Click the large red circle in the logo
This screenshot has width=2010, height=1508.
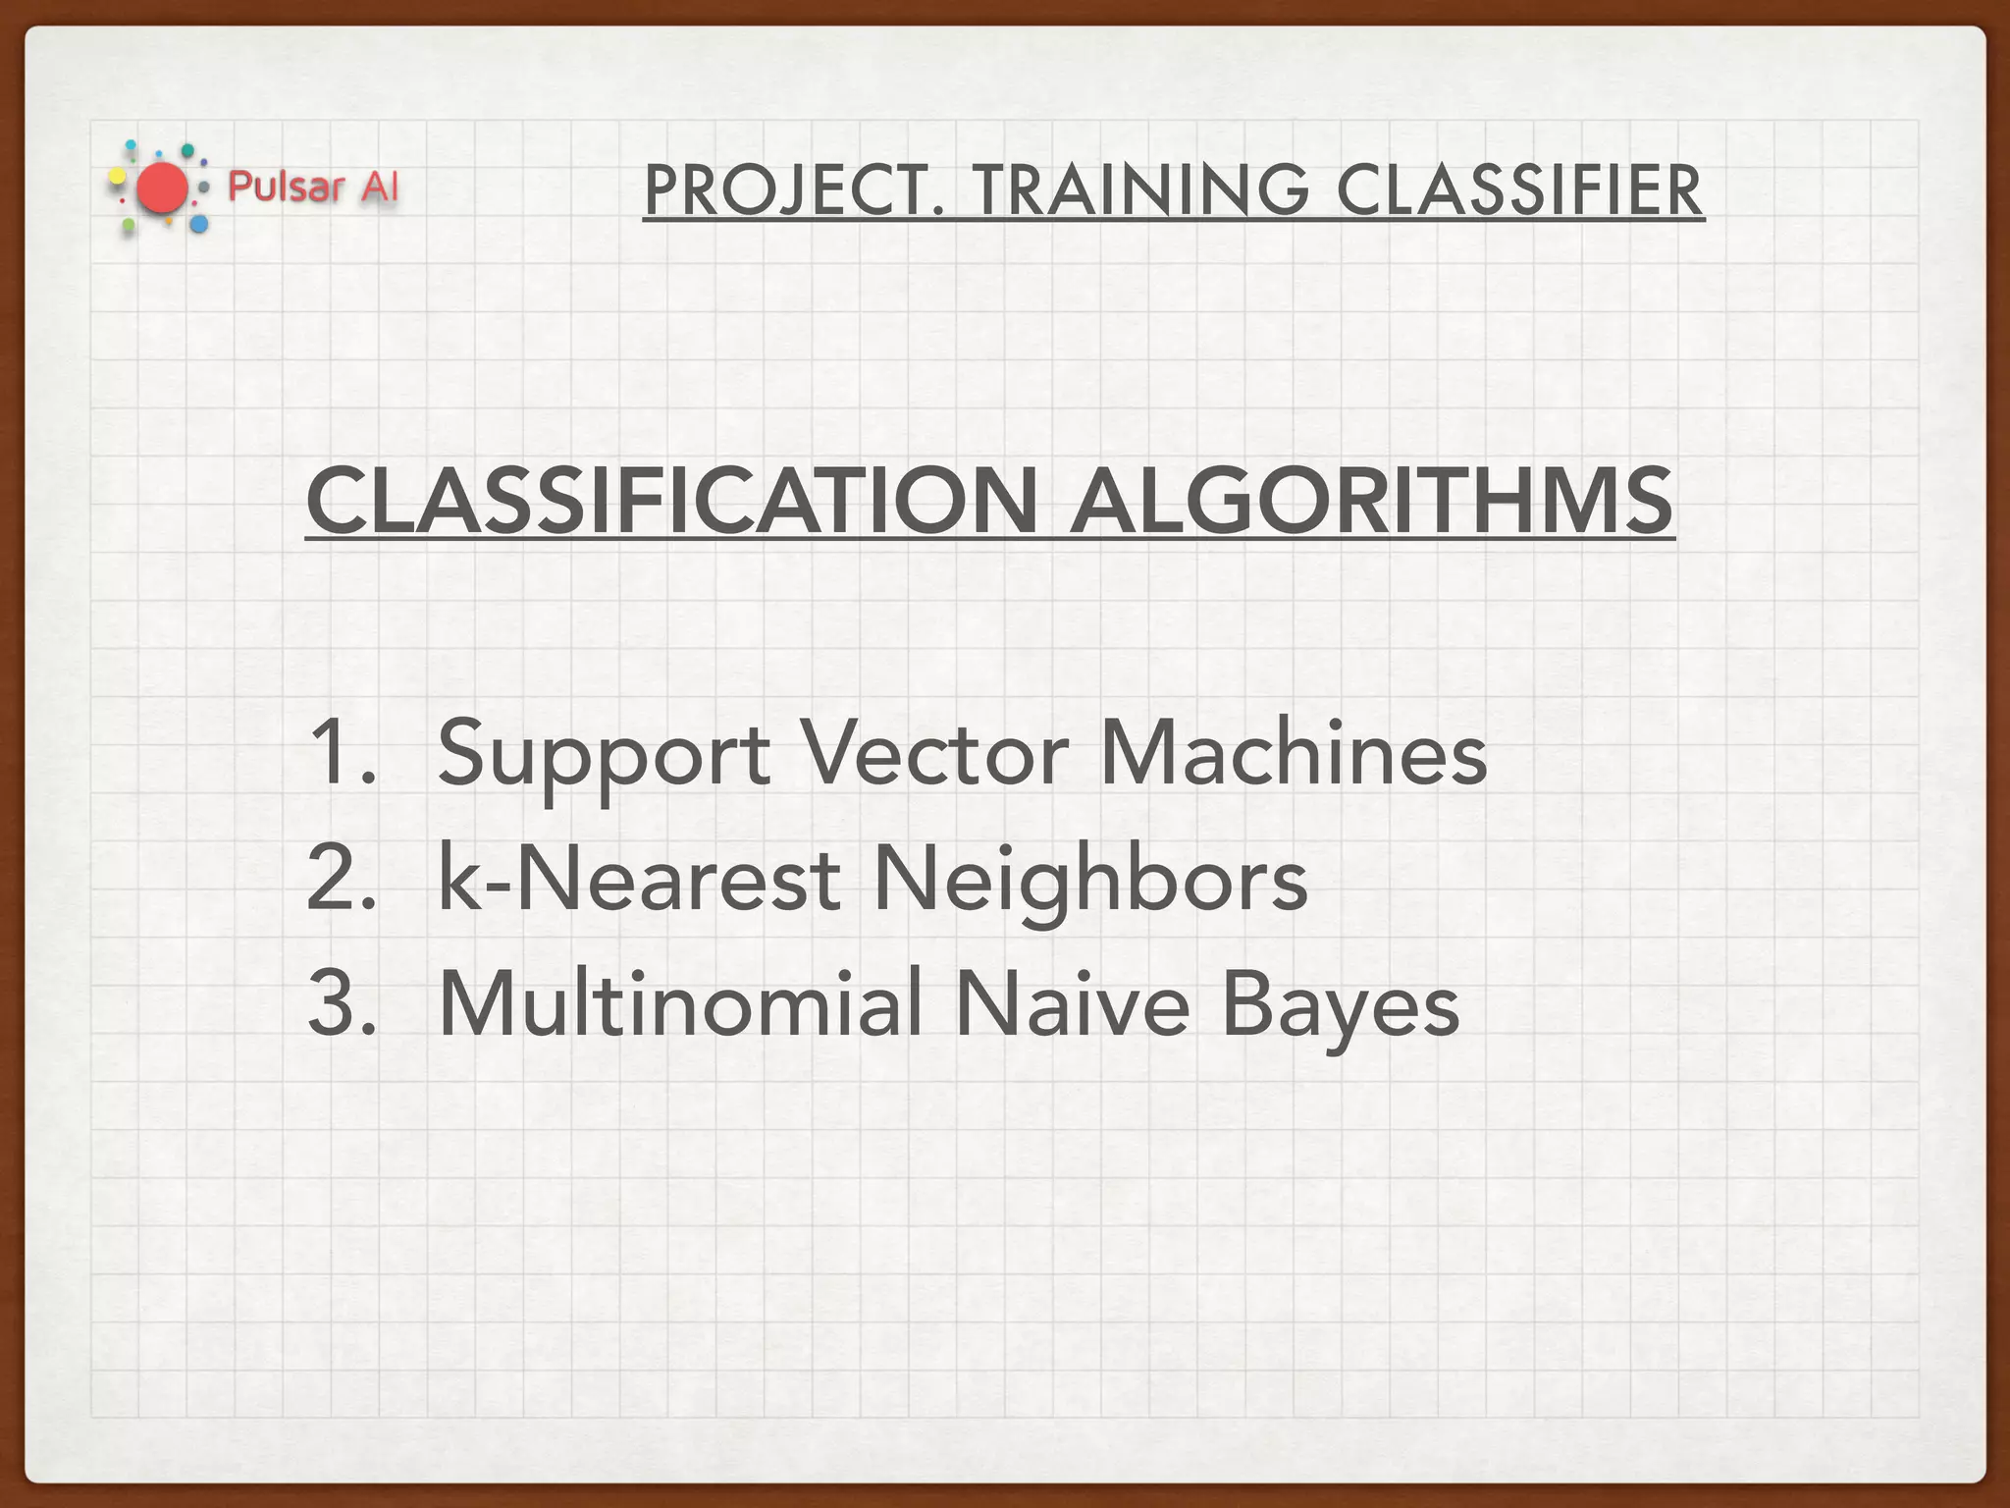pos(162,188)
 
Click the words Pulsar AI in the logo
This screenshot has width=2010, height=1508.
pos(313,187)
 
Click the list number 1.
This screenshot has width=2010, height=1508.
pos(340,752)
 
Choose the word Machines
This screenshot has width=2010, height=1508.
pos(1293,752)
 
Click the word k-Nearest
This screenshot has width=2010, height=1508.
pos(639,878)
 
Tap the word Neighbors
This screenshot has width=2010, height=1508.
pos(1089,880)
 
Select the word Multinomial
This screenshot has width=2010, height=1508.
pos(680,1003)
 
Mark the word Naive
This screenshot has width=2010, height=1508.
pos(1072,1003)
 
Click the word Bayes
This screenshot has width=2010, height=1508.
pos(1340,1005)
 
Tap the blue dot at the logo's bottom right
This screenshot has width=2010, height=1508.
pos(199,225)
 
